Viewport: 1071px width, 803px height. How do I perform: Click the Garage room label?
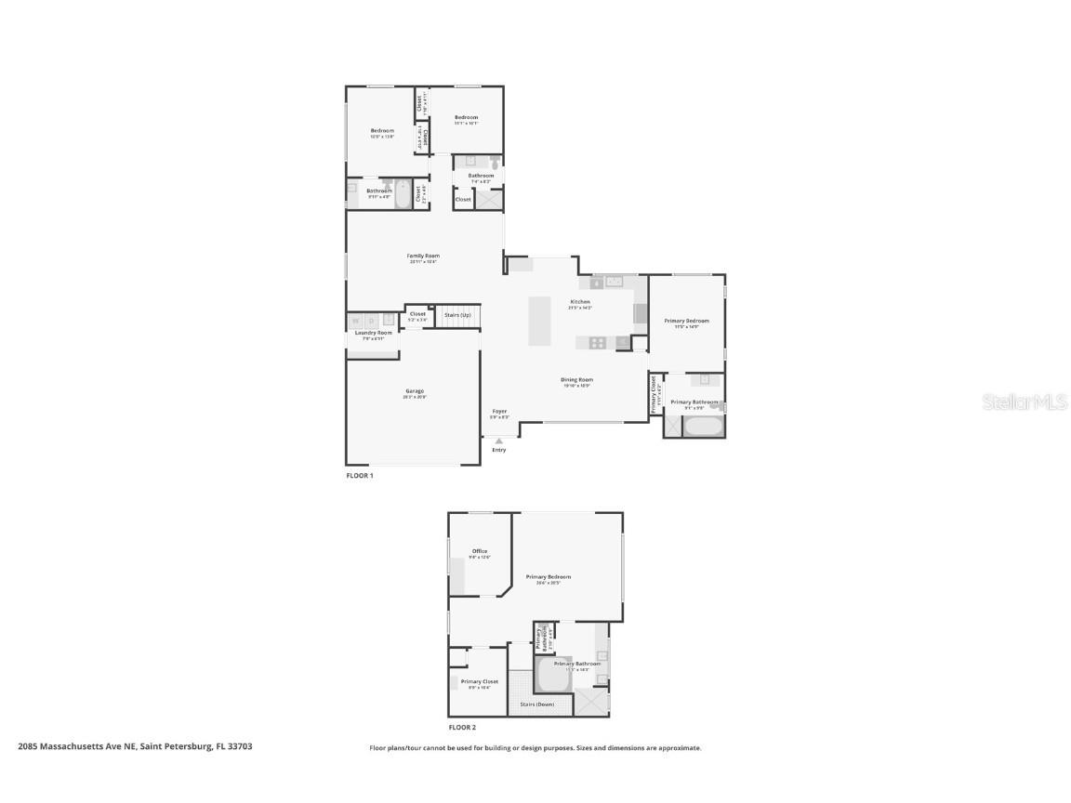point(414,391)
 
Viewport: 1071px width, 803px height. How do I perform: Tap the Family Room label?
point(423,256)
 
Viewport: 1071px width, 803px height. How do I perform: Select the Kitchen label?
point(580,302)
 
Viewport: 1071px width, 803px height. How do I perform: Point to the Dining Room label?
point(576,379)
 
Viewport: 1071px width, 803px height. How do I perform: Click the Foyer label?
point(499,411)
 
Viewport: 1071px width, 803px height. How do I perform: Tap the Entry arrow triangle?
point(499,441)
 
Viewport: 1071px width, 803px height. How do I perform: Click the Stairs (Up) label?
point(457,315)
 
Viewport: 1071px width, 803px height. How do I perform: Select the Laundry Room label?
point(372,333)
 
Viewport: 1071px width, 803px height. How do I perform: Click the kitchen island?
point(540,321)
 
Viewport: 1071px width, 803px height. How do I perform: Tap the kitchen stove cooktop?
point(596,342)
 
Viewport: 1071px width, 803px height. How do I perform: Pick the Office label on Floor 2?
point(480,551)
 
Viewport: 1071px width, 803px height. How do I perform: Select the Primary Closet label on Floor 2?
point(480,681)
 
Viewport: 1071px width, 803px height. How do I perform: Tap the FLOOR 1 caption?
point(360,476)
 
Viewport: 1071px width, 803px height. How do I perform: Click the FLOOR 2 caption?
point(462,728)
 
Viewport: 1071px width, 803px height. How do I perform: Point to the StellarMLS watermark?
point(1027,401)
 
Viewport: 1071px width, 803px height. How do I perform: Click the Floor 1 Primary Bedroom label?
point(686,321)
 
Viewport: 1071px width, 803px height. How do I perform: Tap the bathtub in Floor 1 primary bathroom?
point(704,428)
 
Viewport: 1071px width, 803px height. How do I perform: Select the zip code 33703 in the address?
point(240,746)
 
